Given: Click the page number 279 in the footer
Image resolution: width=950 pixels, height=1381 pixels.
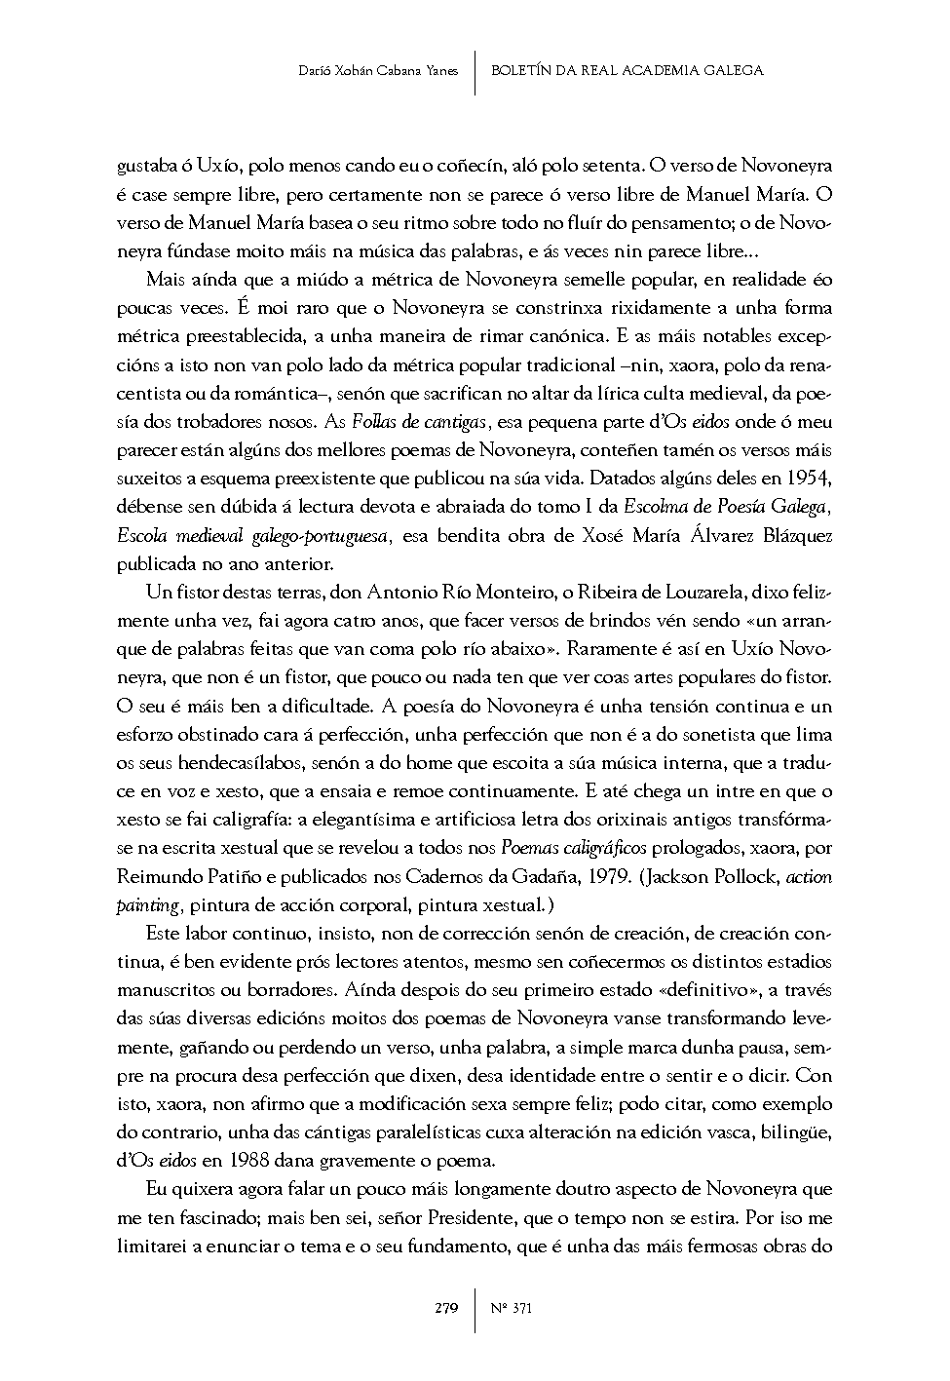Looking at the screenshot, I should [446, 1308].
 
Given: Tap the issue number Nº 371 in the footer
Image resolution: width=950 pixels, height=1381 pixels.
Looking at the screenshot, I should [512, 1308].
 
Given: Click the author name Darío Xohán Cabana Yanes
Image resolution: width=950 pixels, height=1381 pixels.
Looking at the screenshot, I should [379, 70].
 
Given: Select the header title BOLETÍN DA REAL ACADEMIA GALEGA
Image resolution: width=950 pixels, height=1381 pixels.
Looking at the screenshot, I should [627, 70].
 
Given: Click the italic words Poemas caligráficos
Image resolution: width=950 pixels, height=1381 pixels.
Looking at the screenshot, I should [574, 848].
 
